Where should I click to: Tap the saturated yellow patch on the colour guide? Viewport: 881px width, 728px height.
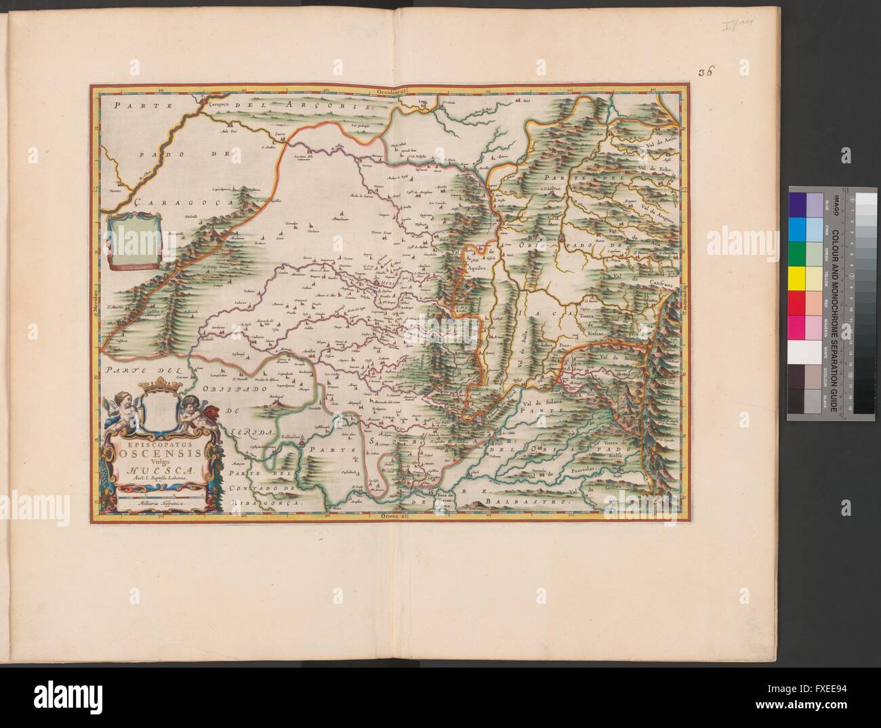click(797, 278)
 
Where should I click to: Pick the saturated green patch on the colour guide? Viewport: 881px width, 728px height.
click(797, 253)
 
